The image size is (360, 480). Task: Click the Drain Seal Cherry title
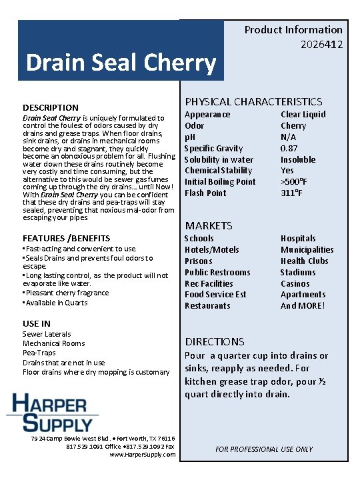pos(121,63)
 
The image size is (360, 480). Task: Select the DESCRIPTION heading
pos(51,107)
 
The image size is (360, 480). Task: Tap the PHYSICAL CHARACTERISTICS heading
pos(253,101)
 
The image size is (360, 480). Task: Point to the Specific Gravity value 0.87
pos(289,148)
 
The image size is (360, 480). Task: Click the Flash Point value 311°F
pos(292,193)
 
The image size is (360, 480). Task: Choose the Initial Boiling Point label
pos(220,182)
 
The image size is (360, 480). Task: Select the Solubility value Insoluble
pos(298,159)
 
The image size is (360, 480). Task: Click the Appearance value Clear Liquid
pos(303,114)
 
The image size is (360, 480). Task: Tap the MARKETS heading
pos(209,225)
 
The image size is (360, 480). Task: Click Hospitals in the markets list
pos(298,238)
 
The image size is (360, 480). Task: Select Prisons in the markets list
pos(198,261)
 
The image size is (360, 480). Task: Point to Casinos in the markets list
pos(295,283)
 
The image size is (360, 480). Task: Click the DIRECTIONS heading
pos(215,341)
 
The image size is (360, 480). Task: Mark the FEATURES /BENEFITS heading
pos(67,238)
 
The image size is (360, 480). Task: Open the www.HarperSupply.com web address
pos(143,455)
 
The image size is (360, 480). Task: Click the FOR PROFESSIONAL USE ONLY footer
pos(264,449)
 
